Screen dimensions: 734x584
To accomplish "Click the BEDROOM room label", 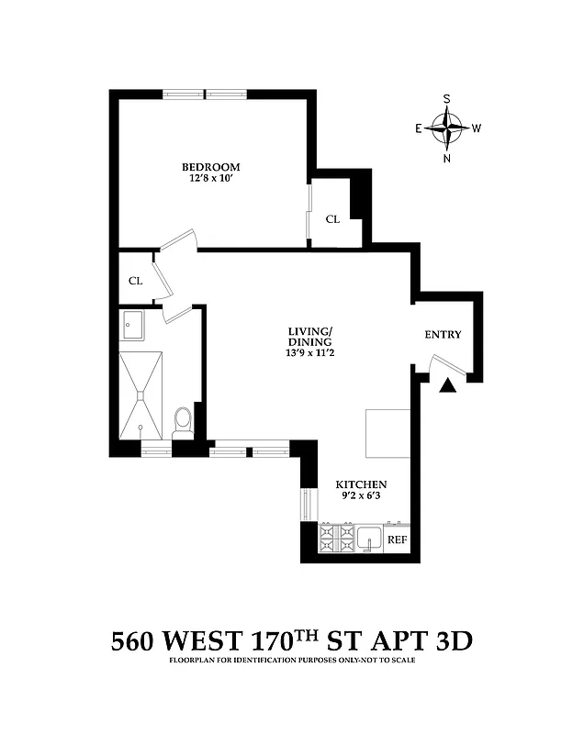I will (x=210, y=166).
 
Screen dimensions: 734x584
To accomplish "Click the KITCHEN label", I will (x=360, y=484).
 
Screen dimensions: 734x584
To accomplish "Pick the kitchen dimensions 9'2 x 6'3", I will (x=360, y=497).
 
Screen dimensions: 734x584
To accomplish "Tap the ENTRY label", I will (x=443, y=335).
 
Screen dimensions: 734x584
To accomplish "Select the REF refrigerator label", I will (x=397, y=540).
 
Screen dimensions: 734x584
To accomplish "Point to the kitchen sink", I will (x=369, y=539).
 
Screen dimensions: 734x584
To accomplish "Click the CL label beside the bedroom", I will (x=332, y=219).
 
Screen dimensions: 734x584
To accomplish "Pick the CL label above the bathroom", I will (x=136, y=281).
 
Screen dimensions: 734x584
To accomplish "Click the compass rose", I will (x=447, y=128).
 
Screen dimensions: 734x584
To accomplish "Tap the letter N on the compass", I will (x=447, y=158).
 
